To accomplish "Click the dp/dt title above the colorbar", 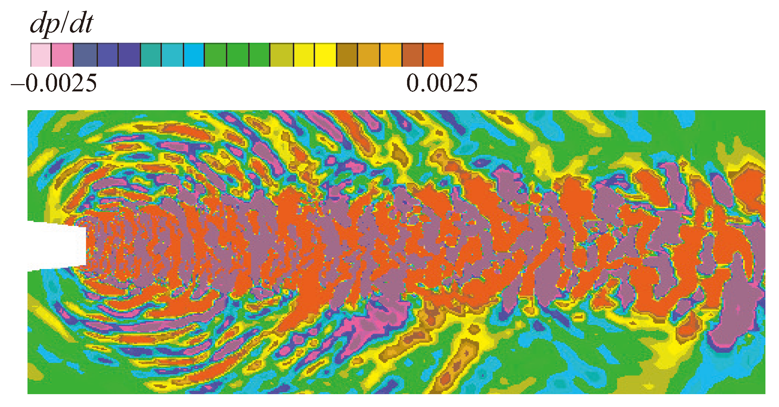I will pos(62,24).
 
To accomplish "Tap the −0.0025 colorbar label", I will pos(54,83).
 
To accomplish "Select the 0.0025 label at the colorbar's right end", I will pos(442,83).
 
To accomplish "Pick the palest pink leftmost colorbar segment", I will pos(41,55).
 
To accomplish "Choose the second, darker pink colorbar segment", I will pos(62,55).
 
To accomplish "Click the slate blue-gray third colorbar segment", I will pos(85,55).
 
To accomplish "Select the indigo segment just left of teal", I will pos(129,55).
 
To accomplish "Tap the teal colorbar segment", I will pos(151,55).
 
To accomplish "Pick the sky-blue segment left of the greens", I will pos(194,55).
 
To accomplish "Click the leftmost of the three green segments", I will pos(215,55).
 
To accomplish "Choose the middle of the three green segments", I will pos(238,55).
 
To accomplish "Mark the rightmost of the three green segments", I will pos(260,55).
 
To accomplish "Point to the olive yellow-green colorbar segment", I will pos(282,55).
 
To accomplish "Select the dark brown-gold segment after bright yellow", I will pos(347,55).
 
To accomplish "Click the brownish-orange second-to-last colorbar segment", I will pos(412,55).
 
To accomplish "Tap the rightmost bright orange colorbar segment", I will pos(433,55).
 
